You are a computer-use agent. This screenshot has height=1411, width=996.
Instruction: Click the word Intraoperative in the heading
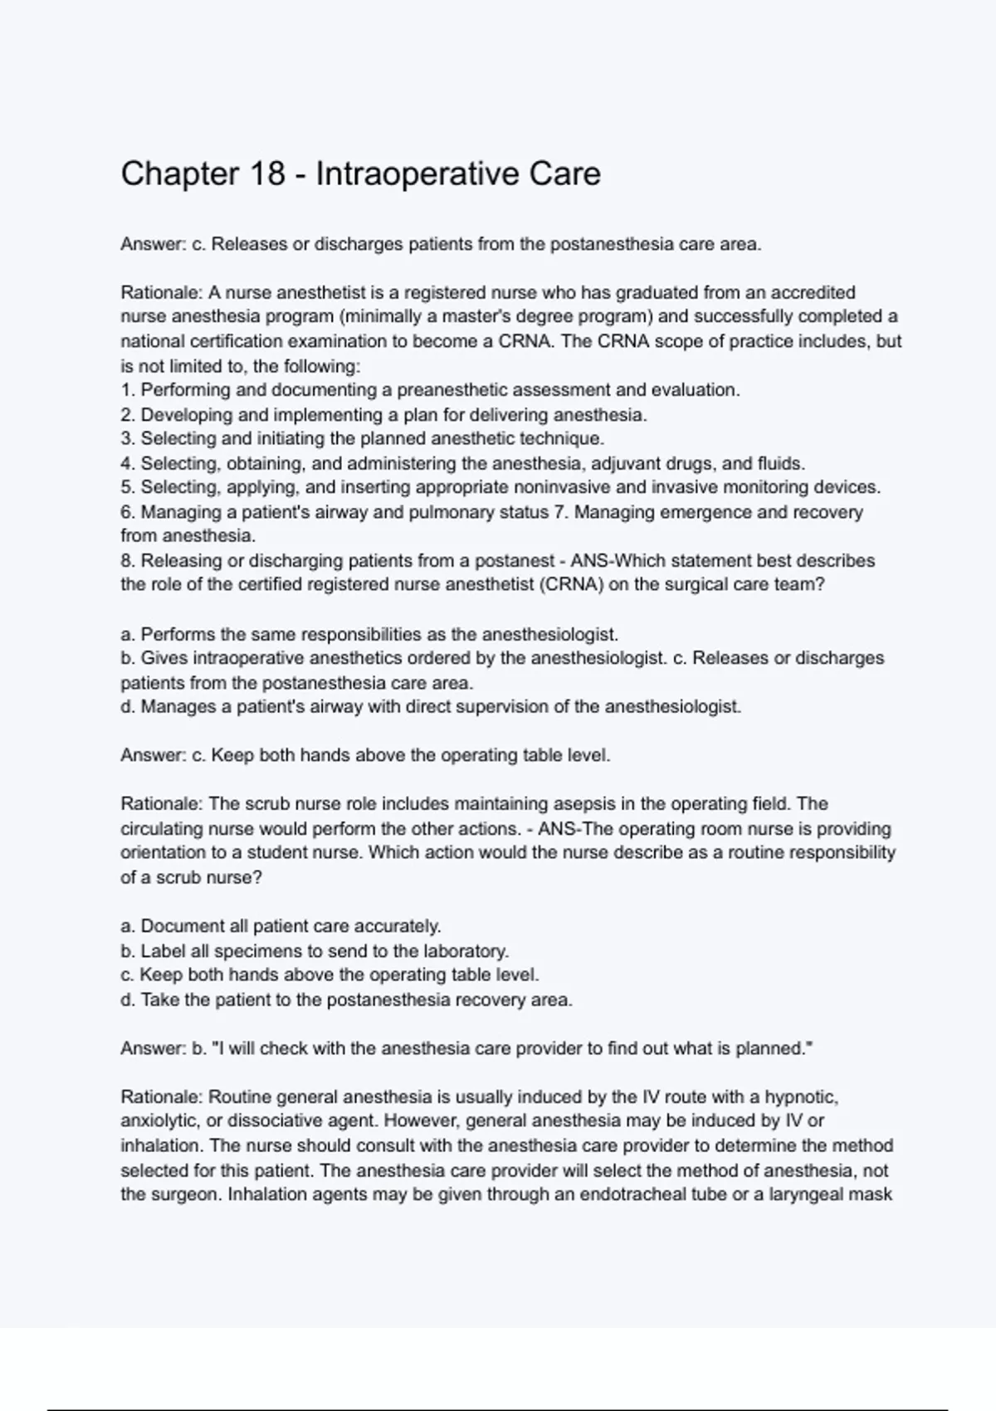(404, 174)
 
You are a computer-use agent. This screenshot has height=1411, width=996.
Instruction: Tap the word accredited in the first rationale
(813, 292)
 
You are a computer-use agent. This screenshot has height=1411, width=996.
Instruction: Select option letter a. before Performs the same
(127, 635)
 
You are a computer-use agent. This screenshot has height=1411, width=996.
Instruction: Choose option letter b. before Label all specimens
(127, 951)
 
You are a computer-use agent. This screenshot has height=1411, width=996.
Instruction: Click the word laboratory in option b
(466, 951)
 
